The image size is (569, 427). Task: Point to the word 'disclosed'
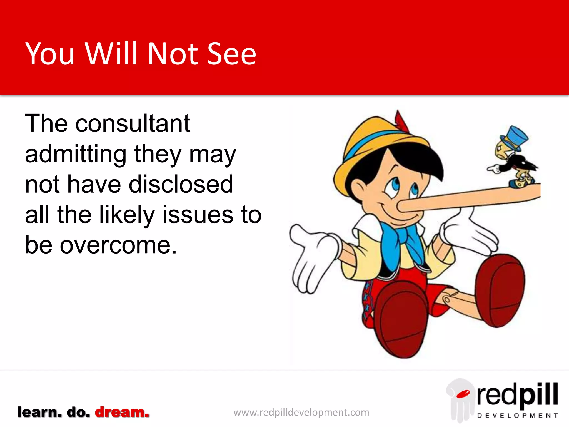pyautogui.click(x=181, y=184)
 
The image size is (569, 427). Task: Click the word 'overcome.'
pyautogui.click(x=118, y=245)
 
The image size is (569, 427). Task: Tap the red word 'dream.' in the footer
pyautogui.click(x=122, y=412)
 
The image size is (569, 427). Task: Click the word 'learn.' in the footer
pyautogui.click(x=39, y=412)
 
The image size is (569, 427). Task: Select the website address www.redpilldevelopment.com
pyautogui.click(x=301, y=412)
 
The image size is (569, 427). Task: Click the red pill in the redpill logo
pyautogui.click(x=463, y=394)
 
